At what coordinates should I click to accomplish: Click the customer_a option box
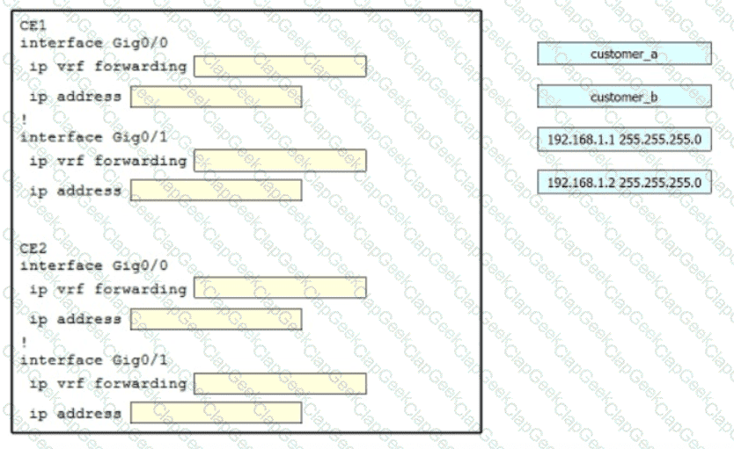coord(624,54)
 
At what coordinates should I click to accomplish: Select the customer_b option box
coord(624,97)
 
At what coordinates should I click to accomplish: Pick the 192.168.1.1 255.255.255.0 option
coord(624,139)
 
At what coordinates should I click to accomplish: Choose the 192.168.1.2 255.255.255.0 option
coord(624,182)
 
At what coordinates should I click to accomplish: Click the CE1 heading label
coord(33,25)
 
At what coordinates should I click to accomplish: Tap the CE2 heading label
coord(33,248)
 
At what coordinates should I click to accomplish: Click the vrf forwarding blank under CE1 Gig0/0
coord(280,67)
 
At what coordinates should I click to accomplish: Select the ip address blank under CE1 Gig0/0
coord(217,97)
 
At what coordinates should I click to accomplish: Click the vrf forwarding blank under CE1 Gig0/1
coord(280,160)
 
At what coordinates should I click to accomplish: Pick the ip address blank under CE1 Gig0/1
coord(217,191)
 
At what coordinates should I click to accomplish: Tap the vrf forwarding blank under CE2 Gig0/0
coord(280,287)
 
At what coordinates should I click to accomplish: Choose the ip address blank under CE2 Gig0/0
coord(217,319)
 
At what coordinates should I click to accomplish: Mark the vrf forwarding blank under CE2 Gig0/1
coord(280,384)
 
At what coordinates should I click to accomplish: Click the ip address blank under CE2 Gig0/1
coord(217,413)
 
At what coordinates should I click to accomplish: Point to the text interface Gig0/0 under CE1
coord(93,43)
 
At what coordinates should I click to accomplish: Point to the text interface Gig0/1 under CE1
coord(93,137)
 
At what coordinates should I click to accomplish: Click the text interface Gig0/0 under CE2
coord(93,266)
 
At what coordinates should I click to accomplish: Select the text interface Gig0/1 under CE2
coord(93,360)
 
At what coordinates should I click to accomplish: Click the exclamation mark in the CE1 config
coord(24,119)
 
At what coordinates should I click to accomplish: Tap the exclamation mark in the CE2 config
coord(24,342)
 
